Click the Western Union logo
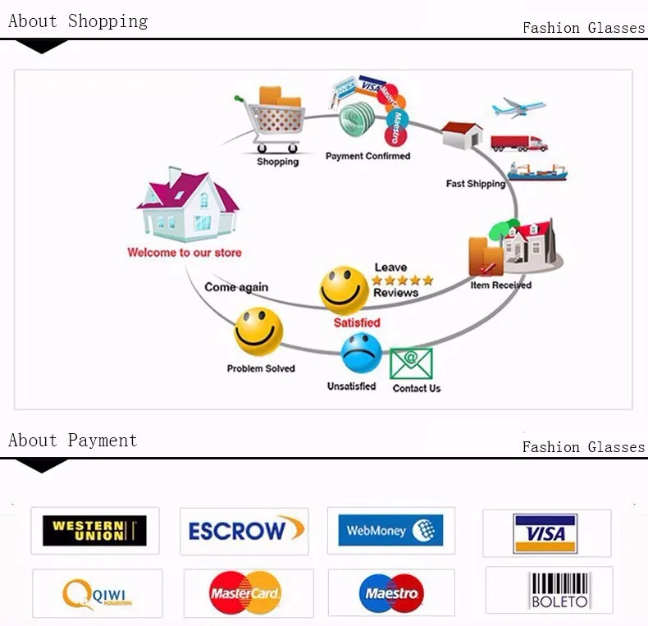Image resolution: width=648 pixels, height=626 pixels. point(94,531)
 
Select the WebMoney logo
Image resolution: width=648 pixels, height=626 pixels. point(390,530)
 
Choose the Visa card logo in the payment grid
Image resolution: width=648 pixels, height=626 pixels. point(545,533)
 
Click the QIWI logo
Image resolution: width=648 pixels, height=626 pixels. point(97,593)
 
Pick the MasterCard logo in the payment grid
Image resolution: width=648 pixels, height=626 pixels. point(246,592)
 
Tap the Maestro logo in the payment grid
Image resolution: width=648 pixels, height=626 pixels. point(390,592)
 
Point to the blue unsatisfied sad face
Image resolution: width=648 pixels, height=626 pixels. point(362,354)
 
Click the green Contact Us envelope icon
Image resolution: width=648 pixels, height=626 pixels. point(411,363)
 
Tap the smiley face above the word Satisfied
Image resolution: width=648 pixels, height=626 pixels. point(345,290)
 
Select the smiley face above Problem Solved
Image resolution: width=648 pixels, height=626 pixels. point(258,331)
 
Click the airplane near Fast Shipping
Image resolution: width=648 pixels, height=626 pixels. point(518,107)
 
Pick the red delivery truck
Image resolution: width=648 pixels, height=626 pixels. point(518,143)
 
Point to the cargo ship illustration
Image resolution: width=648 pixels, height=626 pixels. point(536,171)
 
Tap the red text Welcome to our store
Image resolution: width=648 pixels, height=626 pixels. point(185,253)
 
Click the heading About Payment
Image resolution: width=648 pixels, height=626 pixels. point(72,441)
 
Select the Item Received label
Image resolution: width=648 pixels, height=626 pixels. point(500,286)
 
